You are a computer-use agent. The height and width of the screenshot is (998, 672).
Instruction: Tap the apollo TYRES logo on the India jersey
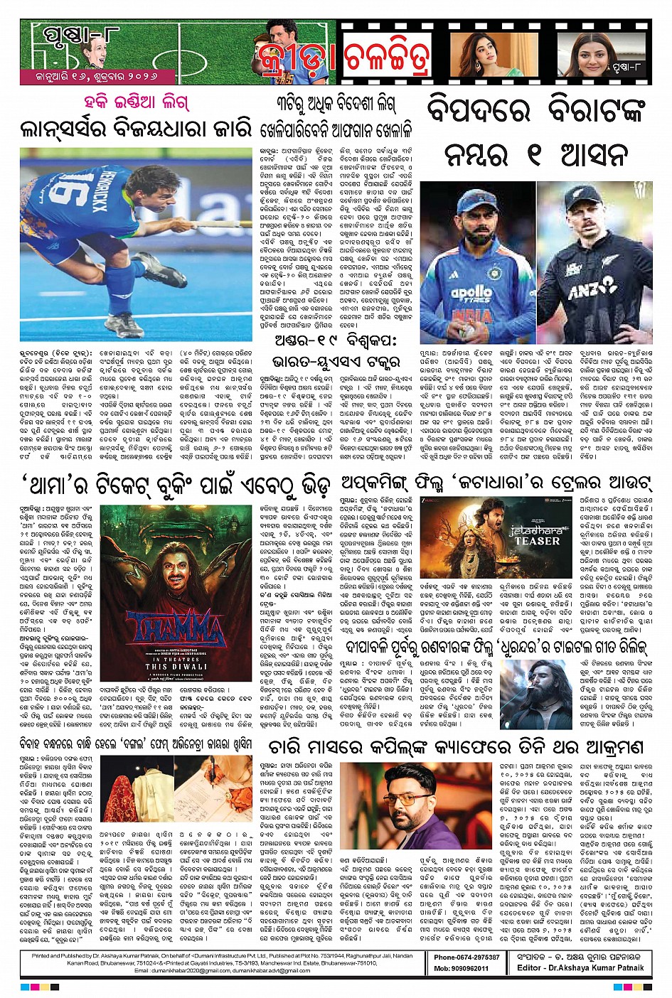(471, 294)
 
